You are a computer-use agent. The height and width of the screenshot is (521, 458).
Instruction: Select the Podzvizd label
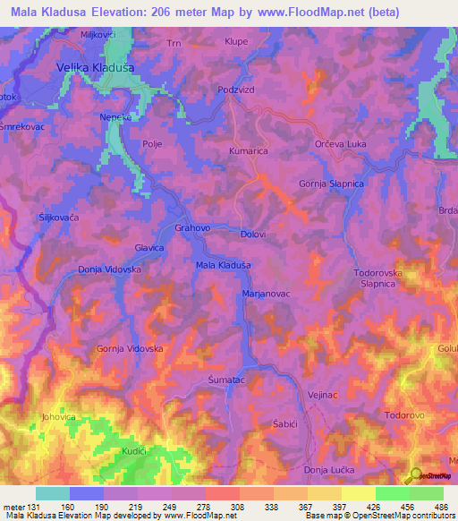pyautogui.click(x=237, y=90)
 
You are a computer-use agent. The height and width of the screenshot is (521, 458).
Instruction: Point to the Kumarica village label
pyautogui.click(x=249, y=151)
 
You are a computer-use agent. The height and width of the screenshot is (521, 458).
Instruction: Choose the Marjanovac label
pyautogui.click(x=266, y=293)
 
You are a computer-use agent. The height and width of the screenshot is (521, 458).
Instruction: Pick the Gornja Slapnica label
pyautogui.click(x=331, y=184)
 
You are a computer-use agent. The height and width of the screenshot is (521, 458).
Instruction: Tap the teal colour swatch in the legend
pyautogui.click(x=52, y=493)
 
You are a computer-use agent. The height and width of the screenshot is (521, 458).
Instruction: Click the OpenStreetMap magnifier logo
pyautogui.click(x=413, y=475)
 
